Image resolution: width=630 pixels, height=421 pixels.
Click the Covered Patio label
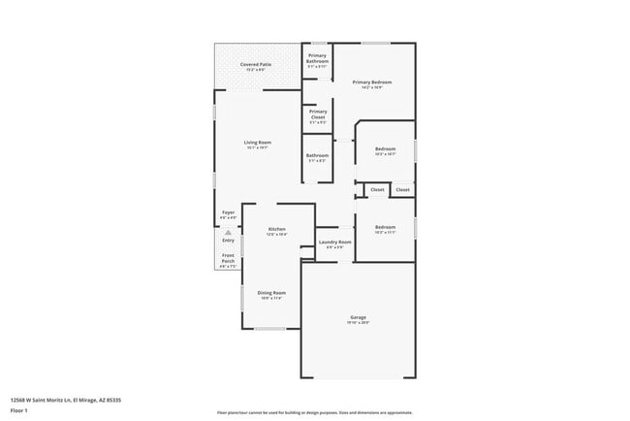click(256, 64)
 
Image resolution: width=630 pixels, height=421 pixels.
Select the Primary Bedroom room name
click(372, 82)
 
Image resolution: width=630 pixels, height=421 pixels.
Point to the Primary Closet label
click(318, 113)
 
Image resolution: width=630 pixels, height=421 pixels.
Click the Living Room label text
click(257, 143)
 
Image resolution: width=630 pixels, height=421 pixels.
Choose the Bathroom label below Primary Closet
click(317, 155)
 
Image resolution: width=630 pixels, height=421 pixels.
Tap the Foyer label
click(228, 211)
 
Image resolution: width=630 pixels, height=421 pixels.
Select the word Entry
click(228, 240)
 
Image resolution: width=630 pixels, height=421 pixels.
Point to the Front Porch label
click(228, 258)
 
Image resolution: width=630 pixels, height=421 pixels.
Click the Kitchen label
click(276, 229)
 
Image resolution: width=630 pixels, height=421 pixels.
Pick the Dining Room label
click(270, 292)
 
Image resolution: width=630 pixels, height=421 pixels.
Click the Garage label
click(358, 317)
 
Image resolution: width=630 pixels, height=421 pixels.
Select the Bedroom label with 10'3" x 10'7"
click(385, 148)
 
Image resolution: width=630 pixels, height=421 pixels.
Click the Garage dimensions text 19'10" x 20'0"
click(358, 323)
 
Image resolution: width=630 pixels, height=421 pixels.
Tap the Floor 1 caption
click(19, 410)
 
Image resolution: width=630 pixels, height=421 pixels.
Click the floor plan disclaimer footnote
click(315, 412)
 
